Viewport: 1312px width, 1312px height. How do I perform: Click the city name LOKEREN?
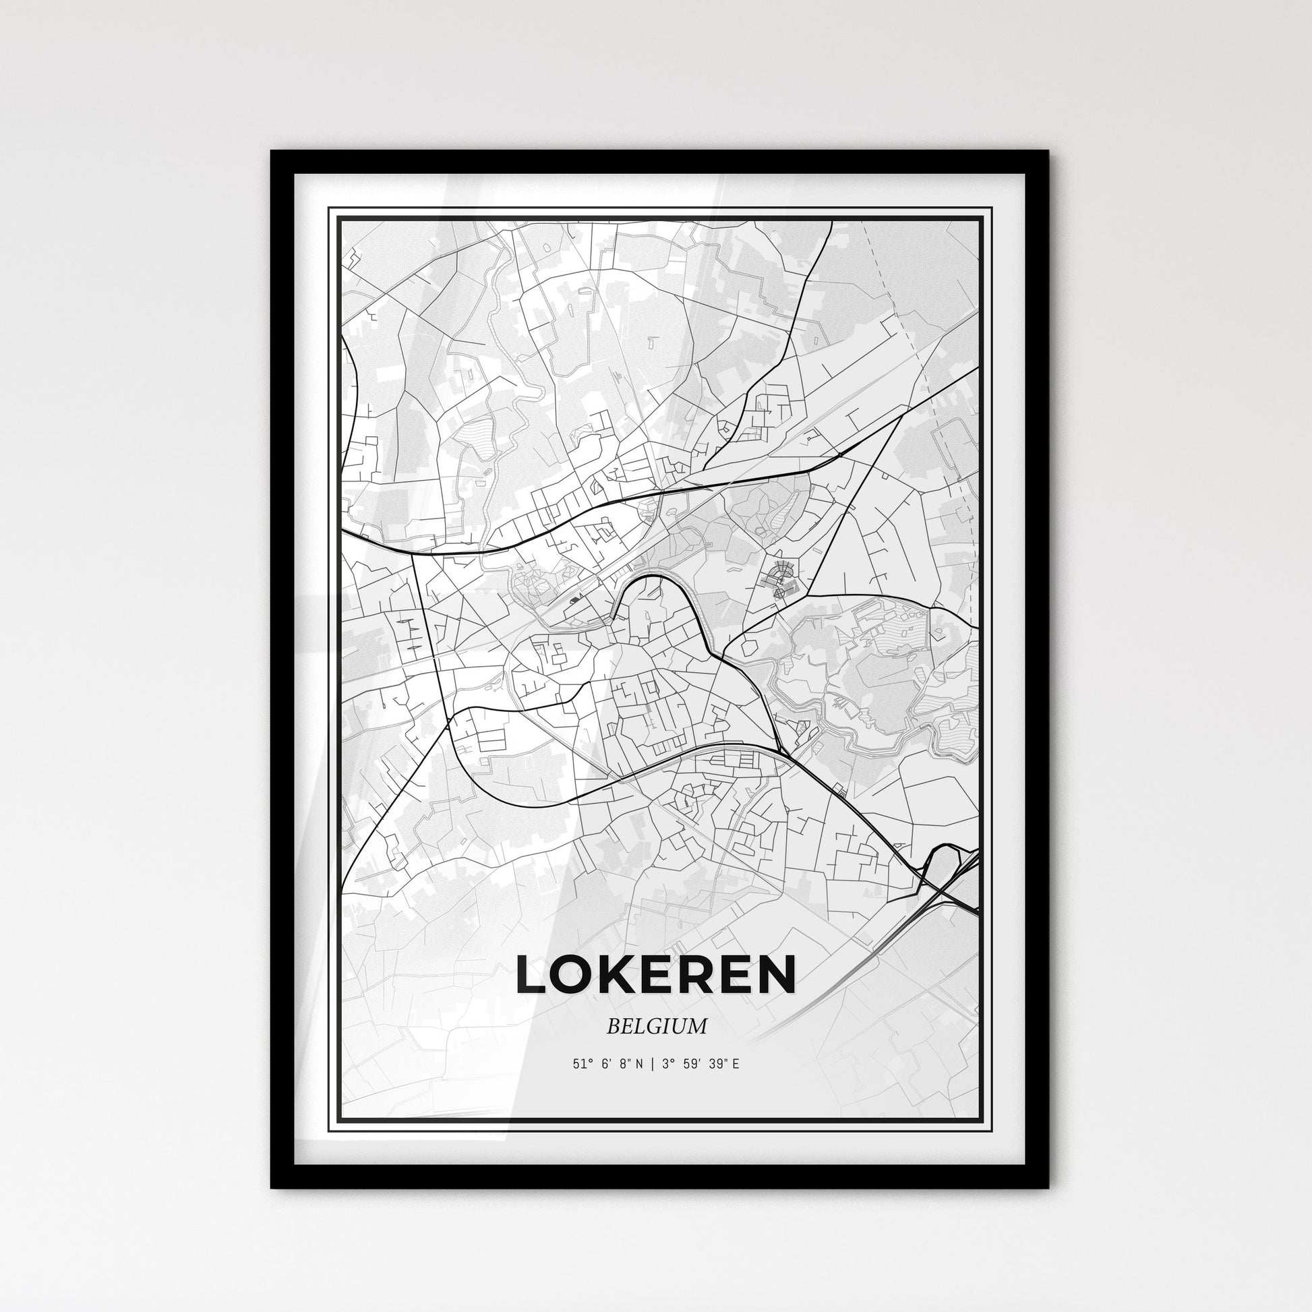(655, 974)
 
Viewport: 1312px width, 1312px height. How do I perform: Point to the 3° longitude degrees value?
(669, 1083)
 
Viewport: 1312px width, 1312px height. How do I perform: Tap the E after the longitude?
(735, 1083)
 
